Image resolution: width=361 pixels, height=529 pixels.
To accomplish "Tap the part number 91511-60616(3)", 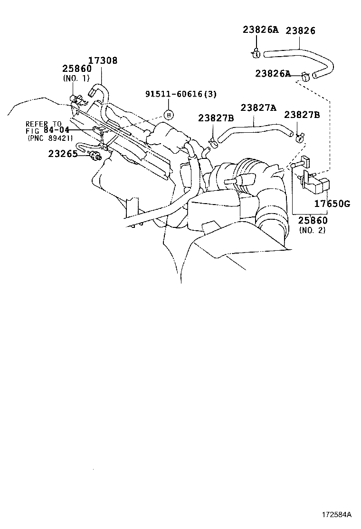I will click(180, 94).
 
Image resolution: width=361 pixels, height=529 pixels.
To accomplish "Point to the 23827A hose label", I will click(258, 108).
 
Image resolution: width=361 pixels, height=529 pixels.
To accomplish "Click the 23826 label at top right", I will click(300, 30).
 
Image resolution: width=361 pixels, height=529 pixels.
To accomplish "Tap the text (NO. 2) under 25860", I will click(312, 230).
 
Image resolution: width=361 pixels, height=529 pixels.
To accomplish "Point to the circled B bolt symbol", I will click(168, 114).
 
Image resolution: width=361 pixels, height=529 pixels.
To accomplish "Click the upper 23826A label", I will click(260, 29).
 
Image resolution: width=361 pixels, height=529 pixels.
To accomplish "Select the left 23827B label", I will click(216, 118).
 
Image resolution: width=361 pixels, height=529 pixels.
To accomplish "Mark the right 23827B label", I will click(302, 115).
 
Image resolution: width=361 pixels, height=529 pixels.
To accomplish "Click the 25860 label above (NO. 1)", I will click(76, 69).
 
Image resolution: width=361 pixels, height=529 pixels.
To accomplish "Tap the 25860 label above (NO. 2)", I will click(312, 221).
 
